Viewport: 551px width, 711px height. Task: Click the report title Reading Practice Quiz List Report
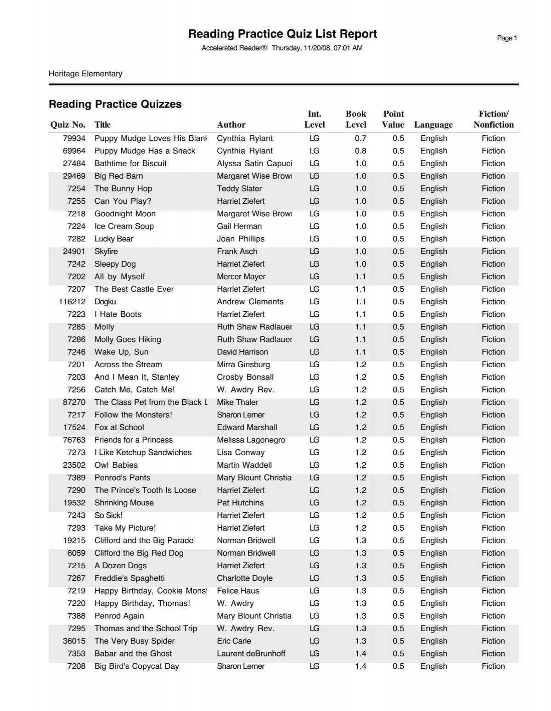click(x=282, y=34)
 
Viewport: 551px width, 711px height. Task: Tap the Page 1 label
click(x=507, y=38)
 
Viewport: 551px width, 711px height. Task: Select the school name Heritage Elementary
click(x=85, y=73)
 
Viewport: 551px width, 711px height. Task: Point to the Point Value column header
click(x=393, y=119)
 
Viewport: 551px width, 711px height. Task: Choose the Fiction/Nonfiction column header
click(x=493, y=119)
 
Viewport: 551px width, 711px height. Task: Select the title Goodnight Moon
click(x=125, y=213)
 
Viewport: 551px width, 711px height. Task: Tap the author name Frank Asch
click(x=237, y=251)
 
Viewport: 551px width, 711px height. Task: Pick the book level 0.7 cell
click(x=360, y=138)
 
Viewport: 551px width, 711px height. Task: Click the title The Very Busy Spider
click(x=135, y=641)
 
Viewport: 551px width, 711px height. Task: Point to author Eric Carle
click(x=234, y=641)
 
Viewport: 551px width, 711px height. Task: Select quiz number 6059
click(x=76, y=553)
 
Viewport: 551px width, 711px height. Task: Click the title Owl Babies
click(x=116, y=465)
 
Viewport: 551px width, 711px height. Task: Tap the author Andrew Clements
click(x=250, y=302)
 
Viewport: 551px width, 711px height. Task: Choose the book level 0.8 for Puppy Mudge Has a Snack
click(x=360, y=151)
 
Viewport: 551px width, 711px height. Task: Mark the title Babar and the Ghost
click(x=133, y=653)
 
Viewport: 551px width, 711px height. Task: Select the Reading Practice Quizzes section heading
click(x=115, y=104)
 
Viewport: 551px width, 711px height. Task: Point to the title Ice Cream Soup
click(x=124, y=226)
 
